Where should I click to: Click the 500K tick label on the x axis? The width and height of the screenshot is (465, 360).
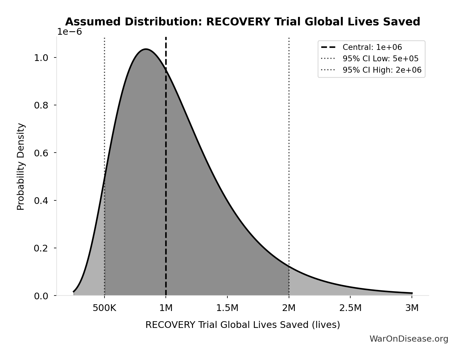tap(104, 308)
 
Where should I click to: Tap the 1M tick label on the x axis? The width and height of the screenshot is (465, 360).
tap(166, 308)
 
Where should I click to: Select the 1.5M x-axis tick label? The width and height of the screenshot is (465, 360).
tap(227, 308)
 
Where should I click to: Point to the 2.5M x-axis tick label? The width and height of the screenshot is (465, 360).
tap(350, 308)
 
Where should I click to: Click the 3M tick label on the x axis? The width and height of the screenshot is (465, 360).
tap(412, 308)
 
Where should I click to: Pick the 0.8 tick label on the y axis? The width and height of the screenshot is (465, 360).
tap(41, 105)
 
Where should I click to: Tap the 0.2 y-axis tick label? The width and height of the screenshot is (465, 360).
tap(41, 248)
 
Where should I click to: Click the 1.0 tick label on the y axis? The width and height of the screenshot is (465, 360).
tap(41, 57)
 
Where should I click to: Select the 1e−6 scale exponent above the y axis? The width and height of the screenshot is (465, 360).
tap(69, 32)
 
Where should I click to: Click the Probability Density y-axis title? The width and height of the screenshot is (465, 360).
tap(21, 166)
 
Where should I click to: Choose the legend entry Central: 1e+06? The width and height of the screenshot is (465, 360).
tap(372, 47)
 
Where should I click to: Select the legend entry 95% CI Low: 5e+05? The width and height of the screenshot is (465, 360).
tap(380, 59)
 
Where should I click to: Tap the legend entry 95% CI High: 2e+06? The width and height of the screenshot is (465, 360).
tap(382, 70)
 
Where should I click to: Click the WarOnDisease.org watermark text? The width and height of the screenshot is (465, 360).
tap(409, 339)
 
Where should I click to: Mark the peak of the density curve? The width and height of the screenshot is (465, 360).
tap(145, 49)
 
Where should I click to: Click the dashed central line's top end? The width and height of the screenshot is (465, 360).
tap(166, 38)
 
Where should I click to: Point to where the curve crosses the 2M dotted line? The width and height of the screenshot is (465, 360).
tap(289, 266)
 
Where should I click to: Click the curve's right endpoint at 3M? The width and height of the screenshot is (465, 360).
tap(412, 293)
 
